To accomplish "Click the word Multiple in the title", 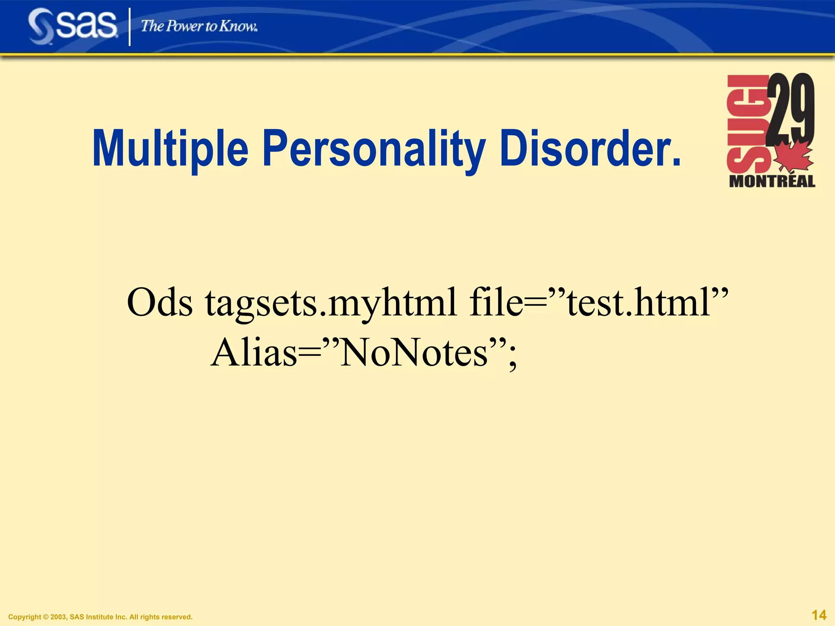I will [170, 149].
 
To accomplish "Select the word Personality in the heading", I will [374, 149].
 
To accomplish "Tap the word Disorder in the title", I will [583, 149].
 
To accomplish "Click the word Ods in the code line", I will [159, 303].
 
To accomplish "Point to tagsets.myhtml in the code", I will [331, 304].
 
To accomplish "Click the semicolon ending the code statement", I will [512, 358].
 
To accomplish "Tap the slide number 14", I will [819, 615].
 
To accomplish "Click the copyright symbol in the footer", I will [46, 617].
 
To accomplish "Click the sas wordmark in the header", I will [86, 25].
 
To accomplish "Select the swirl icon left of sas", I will [41, 26].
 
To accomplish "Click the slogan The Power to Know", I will [199, 26].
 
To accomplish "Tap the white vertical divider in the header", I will [130, 27].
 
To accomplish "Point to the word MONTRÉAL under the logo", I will [772, 181].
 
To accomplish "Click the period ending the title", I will [676, 163].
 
